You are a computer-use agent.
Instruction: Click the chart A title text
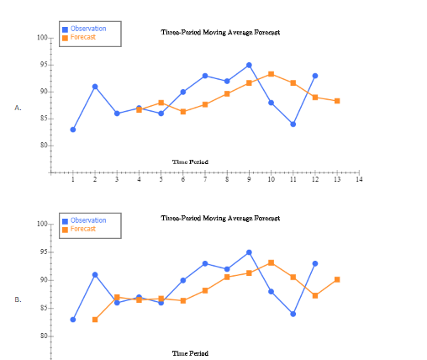point(220,32)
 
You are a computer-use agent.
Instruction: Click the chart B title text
point(220,218)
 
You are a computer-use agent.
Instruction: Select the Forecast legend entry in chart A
point(82,38)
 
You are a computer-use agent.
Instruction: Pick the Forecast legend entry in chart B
point(82,229)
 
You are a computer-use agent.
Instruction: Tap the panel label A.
point(18,109)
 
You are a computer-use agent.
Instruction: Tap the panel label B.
point(18,299)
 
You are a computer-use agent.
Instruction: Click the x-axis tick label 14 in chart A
point(359,179)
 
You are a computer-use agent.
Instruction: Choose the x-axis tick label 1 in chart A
point(73,179)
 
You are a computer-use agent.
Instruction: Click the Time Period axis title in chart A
point(190,161)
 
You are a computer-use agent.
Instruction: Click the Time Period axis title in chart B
point(190,353)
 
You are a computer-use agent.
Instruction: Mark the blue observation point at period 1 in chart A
point(73,130)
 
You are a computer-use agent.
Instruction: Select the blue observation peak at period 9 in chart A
point(249,65)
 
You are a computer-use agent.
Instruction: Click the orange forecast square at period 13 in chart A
point(337,101)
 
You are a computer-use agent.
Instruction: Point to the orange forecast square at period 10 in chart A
point(271,74)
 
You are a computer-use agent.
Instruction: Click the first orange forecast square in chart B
point(95,320)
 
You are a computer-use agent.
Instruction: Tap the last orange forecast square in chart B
point(337,279)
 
